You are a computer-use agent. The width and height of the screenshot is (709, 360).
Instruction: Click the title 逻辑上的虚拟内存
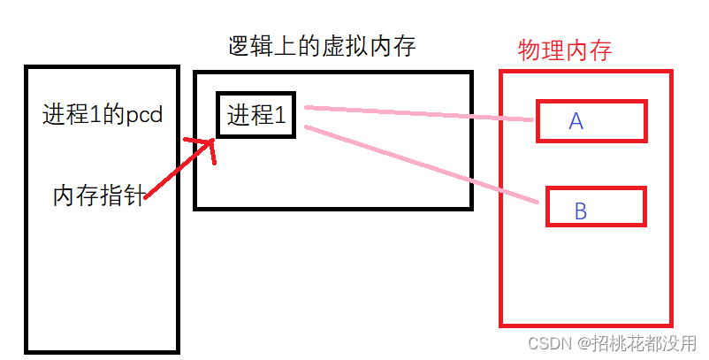(x=320, y=48)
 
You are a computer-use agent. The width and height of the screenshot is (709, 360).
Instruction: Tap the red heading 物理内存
(x=565, y=50)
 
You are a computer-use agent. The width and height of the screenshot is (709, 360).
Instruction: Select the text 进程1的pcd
(x=103, y=115)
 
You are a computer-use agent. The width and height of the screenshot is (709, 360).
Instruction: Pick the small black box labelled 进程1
(x=256, y=115)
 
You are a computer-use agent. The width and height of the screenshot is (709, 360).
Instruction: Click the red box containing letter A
(x=592, y=121)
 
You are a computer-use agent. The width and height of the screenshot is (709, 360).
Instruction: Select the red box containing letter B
(x=595, y=207)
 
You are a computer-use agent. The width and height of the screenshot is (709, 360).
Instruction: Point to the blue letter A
(x=576, y=121)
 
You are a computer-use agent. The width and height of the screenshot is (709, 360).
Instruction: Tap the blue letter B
(x=581, y=211)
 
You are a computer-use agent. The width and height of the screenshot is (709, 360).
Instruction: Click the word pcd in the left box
(x=145, y=116)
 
